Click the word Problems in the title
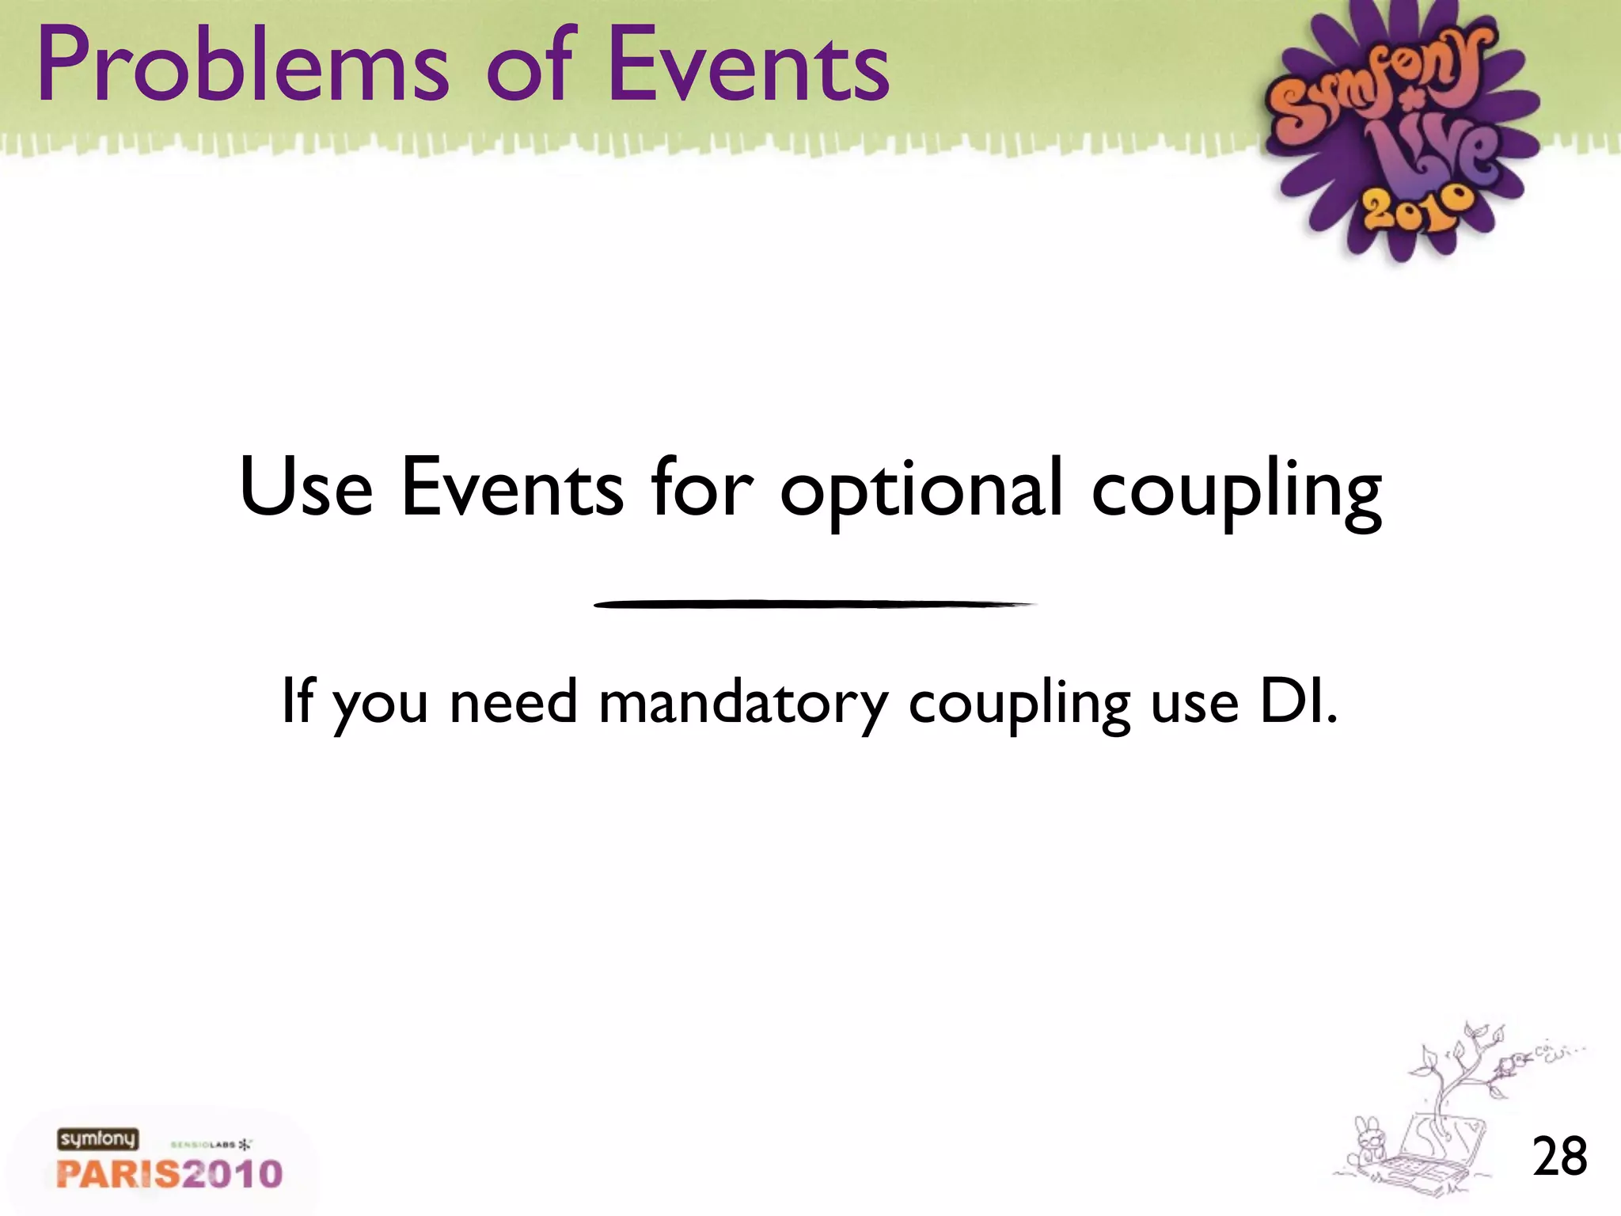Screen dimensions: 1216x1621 coord(242,65)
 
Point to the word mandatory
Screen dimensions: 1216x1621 coord(743,704)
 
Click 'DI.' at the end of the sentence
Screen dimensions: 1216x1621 coord(1298,701)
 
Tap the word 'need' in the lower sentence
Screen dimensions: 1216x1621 coord(513,702)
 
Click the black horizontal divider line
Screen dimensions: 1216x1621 coord(814,605)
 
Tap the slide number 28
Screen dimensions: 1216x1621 coord(1559,1157)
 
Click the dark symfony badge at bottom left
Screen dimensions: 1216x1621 coord(97,1139)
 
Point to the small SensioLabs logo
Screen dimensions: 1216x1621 coord(211,1145)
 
